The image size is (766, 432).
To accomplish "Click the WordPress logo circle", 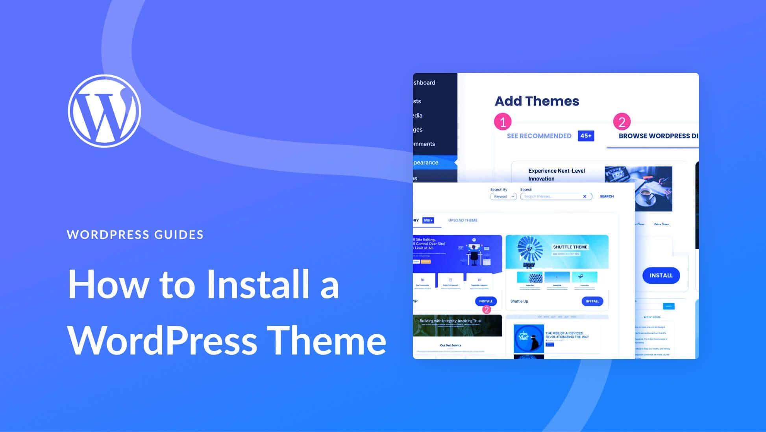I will point(104,111).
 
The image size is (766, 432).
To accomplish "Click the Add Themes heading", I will point(537,101).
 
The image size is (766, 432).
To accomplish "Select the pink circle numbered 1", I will point(503,122).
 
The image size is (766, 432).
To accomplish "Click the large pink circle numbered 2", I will point(622,122).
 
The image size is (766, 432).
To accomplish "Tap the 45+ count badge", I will point(586,136).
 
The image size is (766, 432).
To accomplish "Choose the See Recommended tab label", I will point(539,136).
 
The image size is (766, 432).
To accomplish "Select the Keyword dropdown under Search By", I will point(503,196).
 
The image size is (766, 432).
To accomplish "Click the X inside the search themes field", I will point(585,196).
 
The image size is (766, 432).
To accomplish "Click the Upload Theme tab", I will point(463,220).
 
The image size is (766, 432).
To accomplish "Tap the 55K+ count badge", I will point(428,220).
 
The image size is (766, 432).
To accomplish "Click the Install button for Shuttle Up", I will point(592,301).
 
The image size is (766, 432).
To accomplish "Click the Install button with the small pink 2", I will point(485,301).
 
